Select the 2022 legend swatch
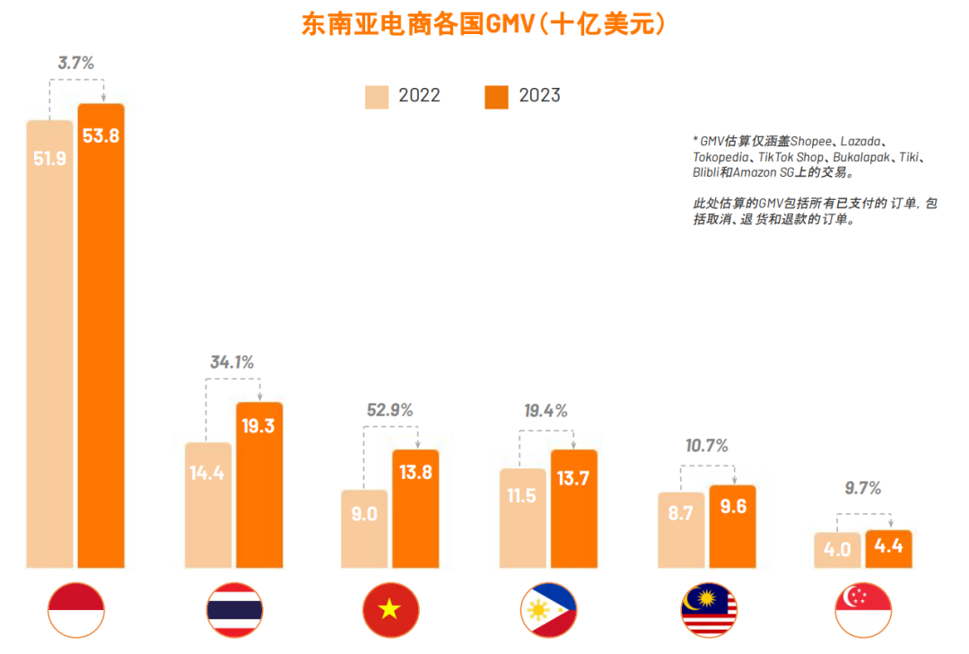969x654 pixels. pyautogui.click(x=377, y=96)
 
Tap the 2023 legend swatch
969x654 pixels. pyautogui.click(x=496, y=96)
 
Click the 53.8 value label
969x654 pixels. pyautogui.click(x=100, y=136)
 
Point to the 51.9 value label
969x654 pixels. pyautogui.click(x=49, y=158)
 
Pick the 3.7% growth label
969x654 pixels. pyautogui.click(x=75, y=63)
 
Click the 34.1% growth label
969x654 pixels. pyautogui.click(x=232, y=362)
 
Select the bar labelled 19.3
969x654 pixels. pyautogui.click(x=259, y=484)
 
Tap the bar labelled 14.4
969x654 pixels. pyautogui.click(x=207, y=504)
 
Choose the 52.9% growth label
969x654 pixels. pyautogui.click(x=390, y=410)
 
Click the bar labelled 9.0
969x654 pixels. pyautogui.click(x=364, y=528)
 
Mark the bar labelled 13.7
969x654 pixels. pyautogui.click(x=573, y=509)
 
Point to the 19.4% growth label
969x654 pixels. pyautogui.click(x=546, y=411)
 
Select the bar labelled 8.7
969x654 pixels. pyautogui.click(x=681, y=529)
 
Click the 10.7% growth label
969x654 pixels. pyautogui.click(x=706, y=446)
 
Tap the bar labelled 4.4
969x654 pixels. pyautogui.click(x=888, y=549)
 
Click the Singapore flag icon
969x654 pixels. pyautogui.click(x=862, y=610)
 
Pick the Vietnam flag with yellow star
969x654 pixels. pyautogui.click(x=389, y=610)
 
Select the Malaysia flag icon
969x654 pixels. pyautogui.click(x=708, y=610)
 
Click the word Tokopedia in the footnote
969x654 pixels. pyautogui.click(x=720, y=157)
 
